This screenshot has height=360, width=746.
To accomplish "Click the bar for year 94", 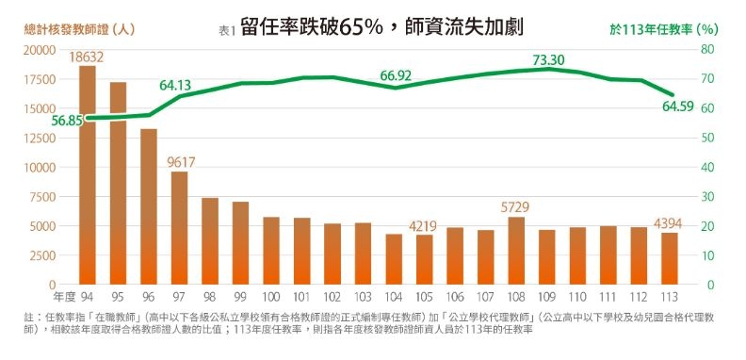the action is [87, 175].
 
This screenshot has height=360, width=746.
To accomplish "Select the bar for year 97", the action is [179, 228].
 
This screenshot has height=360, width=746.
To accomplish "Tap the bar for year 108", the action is [516, 251].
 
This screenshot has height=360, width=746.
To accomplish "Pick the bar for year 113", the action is [670, 258].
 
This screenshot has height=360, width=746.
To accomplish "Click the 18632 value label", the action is [86, 57].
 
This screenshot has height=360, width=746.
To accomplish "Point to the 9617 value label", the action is [181, 162].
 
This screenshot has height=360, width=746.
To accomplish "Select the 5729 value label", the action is [515, 207].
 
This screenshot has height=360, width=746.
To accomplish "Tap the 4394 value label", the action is [668, 223].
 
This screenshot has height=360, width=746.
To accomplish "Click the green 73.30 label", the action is [548, 60].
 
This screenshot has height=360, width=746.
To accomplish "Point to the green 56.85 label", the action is [67, 121].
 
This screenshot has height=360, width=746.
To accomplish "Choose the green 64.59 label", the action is [678, 106].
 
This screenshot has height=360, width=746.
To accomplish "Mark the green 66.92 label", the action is [396, 75].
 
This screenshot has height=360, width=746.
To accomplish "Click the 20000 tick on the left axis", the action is [39, 50].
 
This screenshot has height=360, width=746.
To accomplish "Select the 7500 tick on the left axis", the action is [42, 197].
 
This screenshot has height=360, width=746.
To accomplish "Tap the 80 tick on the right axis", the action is [709, 50].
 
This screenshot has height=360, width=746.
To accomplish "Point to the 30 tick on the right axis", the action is [709, 197].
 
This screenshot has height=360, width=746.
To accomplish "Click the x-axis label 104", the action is [394, 297].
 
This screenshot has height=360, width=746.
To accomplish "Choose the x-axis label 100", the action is [270, 297].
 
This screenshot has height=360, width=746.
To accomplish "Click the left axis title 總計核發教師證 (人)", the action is [79, 29].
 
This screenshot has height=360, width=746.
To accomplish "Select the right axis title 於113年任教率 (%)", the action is [664, 29].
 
